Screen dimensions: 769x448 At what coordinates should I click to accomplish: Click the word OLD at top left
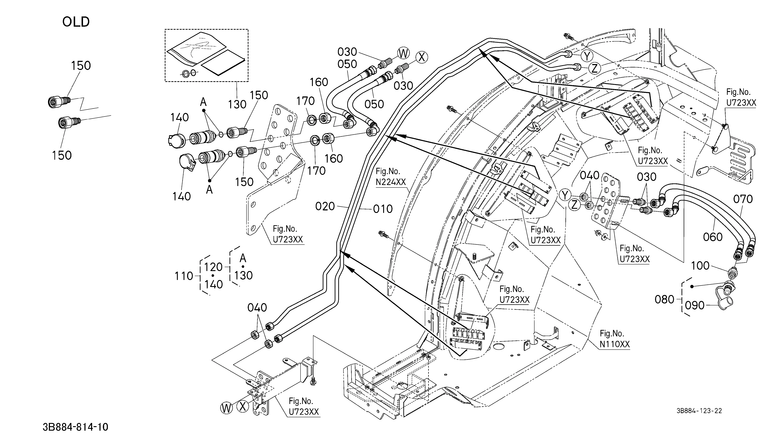click(76, 22)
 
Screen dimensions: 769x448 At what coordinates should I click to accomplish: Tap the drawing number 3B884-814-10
click(75, 427)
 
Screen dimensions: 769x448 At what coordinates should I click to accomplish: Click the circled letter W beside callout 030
click(403, 54)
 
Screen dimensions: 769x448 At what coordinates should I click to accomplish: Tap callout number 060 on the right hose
click(713, 237)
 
